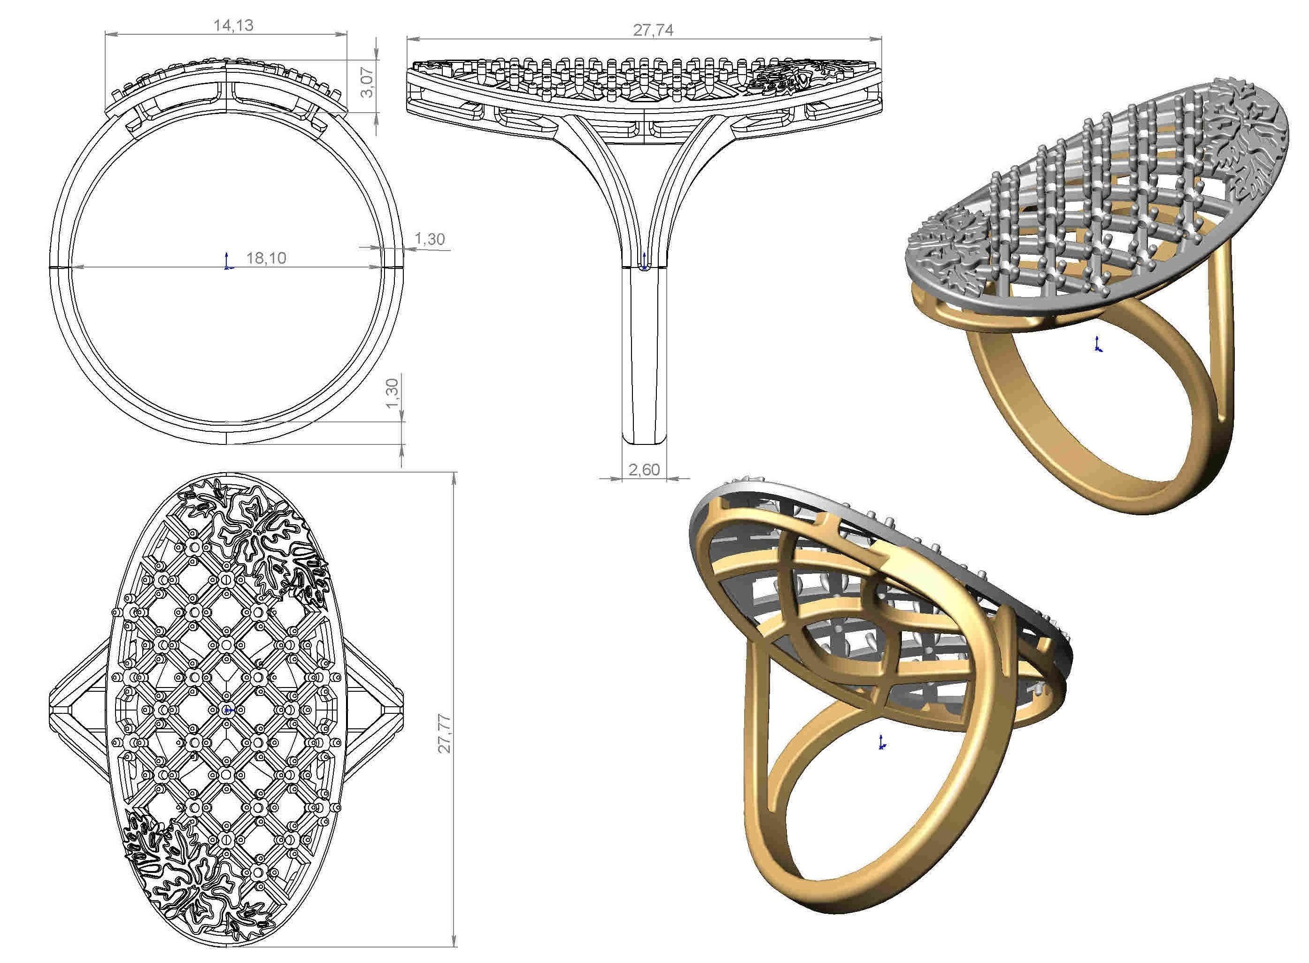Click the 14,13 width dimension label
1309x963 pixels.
pyautogui.click(x=233, y=26)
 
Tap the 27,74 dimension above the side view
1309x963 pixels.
pyautogui.click(x=653, y=31)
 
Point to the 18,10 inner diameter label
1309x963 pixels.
pyautogui.click(x=266, y=258)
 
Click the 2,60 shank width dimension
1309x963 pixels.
pyautogui.click(x=644, y=470)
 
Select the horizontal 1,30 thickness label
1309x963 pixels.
pyautogui.click(x=430, y=239)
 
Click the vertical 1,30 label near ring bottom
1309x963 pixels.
pyautogui.click(x=393, y=395)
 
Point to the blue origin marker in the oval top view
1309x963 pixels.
pyautogui.click(x=227, y=710)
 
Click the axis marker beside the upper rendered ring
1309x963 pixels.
pyautogui.click(x=1098, y=345)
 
